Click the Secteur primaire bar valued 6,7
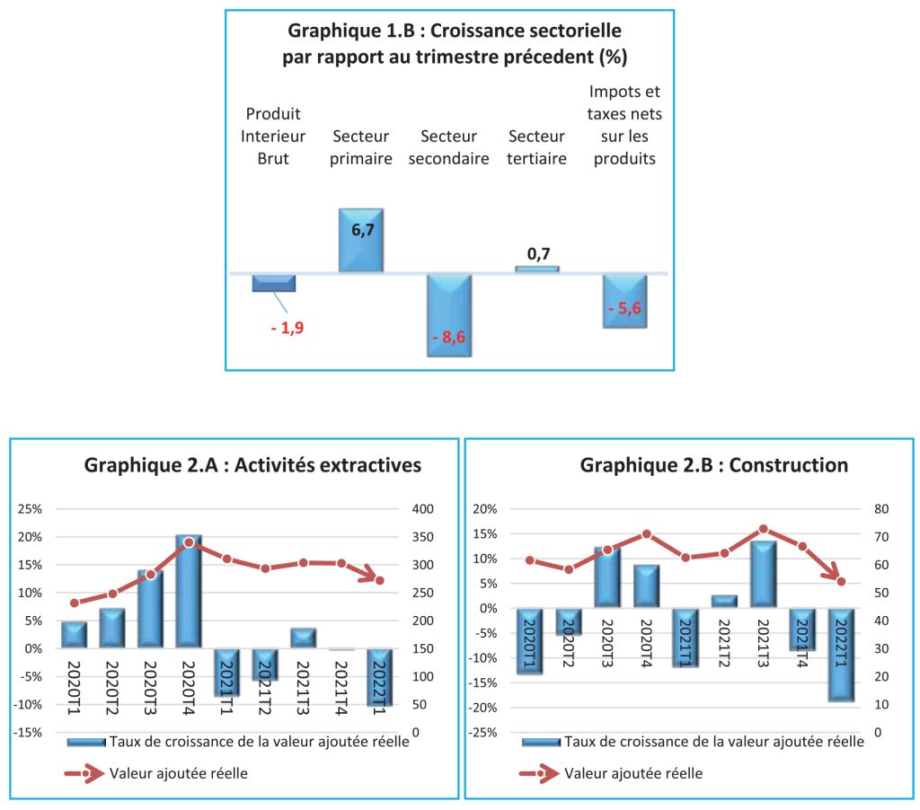361,240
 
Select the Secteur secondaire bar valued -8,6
449,315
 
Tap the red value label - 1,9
287,328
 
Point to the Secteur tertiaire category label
537,147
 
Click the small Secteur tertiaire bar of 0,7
537,268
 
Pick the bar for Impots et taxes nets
624,301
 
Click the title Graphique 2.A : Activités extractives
252,465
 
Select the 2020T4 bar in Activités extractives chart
189,591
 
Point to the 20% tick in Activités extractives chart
31,537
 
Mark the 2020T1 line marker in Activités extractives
75,603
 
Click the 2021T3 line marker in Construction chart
764,529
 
